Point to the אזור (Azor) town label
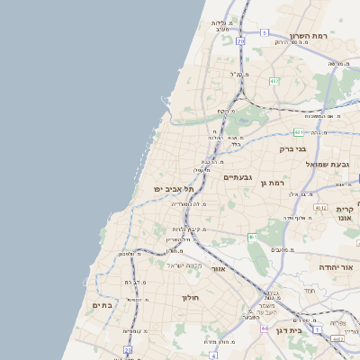coord(217,268)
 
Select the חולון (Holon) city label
coord(189,297)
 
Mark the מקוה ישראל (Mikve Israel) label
coord(167,265)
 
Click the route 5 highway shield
coord(264,32)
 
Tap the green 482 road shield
coord(274,81)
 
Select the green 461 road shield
coord(253,237)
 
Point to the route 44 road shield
coord(265,328)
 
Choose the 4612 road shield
coord(319,208)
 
